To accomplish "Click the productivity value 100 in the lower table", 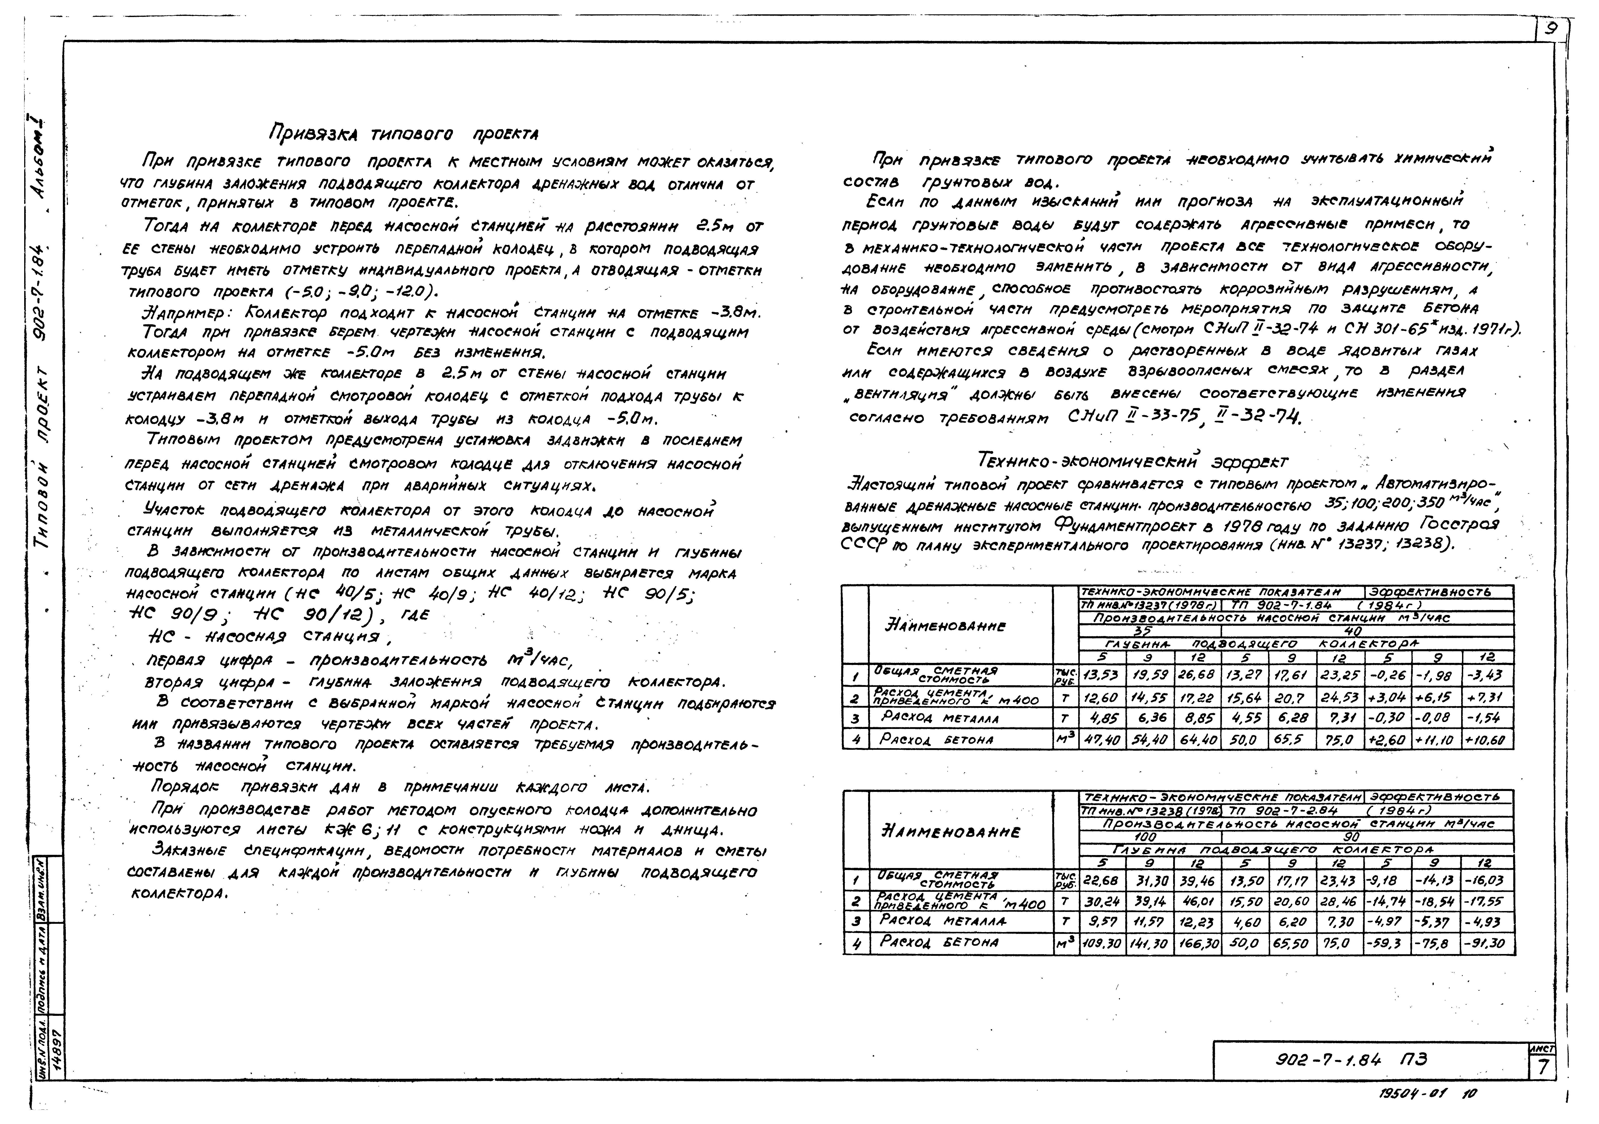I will pyautogui.click(x=1146, y=836).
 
